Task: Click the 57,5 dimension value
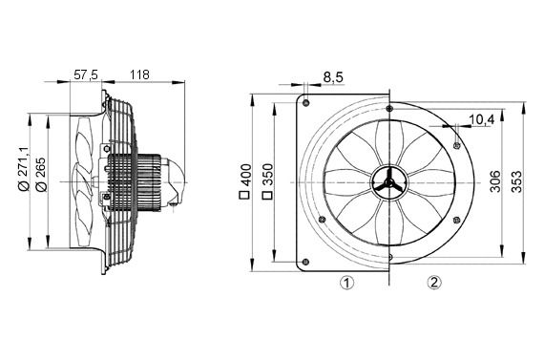click(x=86, y=73)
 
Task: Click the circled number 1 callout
click(x=347, y=282)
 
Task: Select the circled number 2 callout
click(x=434, y=282)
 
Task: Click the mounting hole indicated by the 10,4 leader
click(x=458, y=144)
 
